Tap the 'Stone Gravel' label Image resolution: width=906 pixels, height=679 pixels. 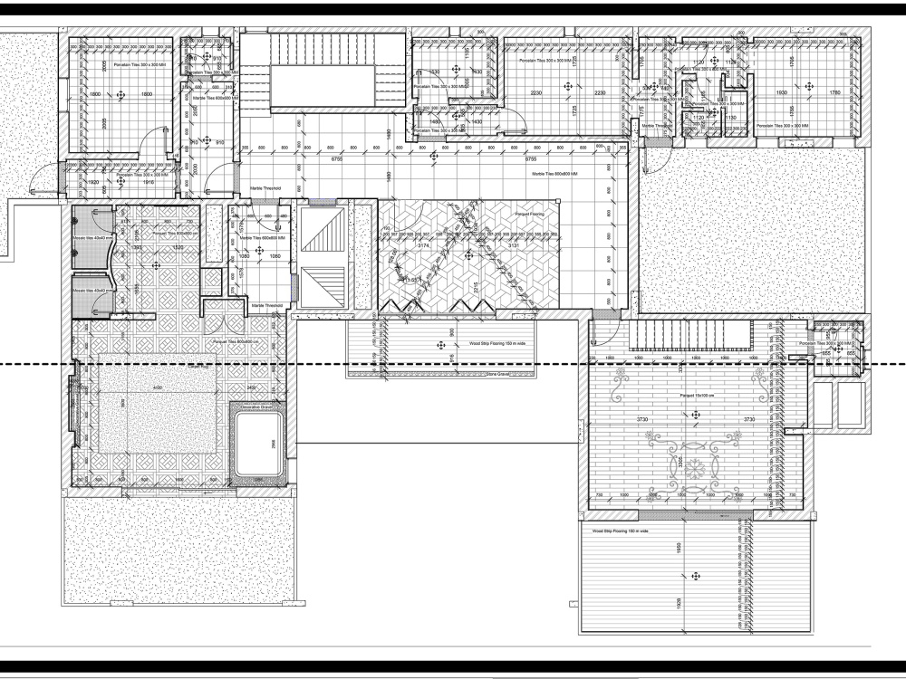499,373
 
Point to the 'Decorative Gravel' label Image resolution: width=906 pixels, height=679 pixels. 256,407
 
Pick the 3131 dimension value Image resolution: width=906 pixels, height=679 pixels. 513,245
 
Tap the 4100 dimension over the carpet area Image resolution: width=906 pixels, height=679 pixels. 158,388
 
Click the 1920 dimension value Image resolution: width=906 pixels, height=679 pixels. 92,182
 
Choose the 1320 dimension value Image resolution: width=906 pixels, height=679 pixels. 178,246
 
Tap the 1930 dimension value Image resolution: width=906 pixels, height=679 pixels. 782,93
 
